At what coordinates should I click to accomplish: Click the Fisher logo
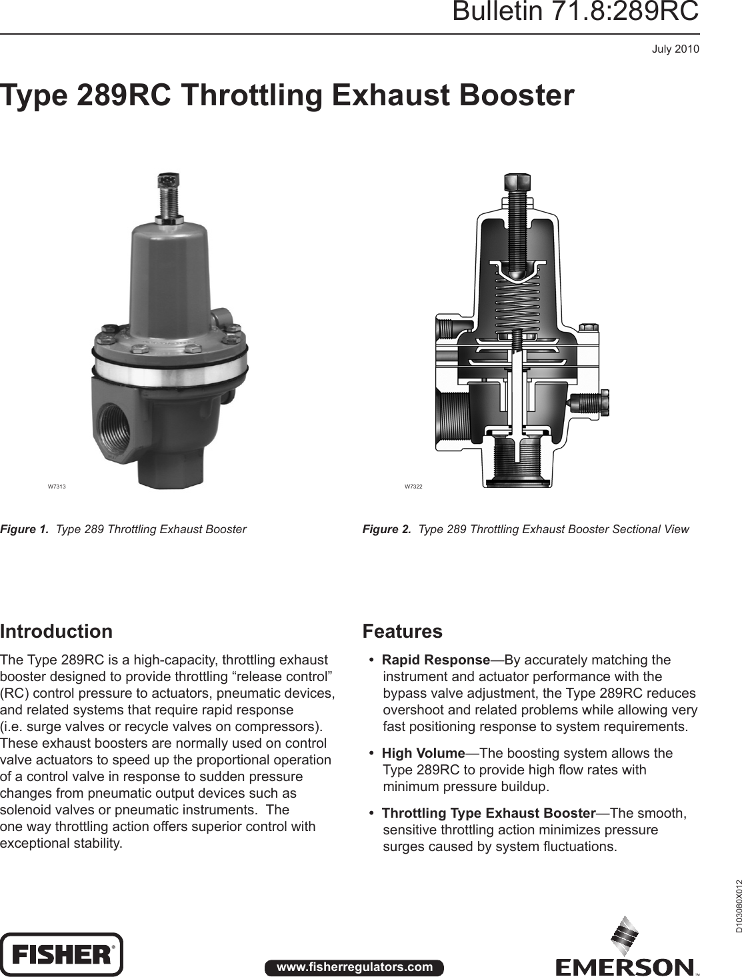pos(61,954)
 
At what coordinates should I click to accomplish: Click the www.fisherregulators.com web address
pos(354,967)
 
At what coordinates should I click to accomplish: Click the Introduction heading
pos(57,631)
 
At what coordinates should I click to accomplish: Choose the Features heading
pos(402,631)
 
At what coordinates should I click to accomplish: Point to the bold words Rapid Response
pos(435,660)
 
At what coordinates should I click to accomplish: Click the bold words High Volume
pos(423,753)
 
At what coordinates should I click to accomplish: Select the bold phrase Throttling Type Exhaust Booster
pos(488,813)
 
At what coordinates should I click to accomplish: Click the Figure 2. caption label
pos(387,529)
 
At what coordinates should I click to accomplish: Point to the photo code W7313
pos(56,487)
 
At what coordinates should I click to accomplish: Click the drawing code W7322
pos(413,487)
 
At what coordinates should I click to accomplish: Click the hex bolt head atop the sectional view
pos(517,183)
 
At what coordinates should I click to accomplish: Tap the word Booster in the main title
pos(516,95)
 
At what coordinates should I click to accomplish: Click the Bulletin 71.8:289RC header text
pos(575,13)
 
